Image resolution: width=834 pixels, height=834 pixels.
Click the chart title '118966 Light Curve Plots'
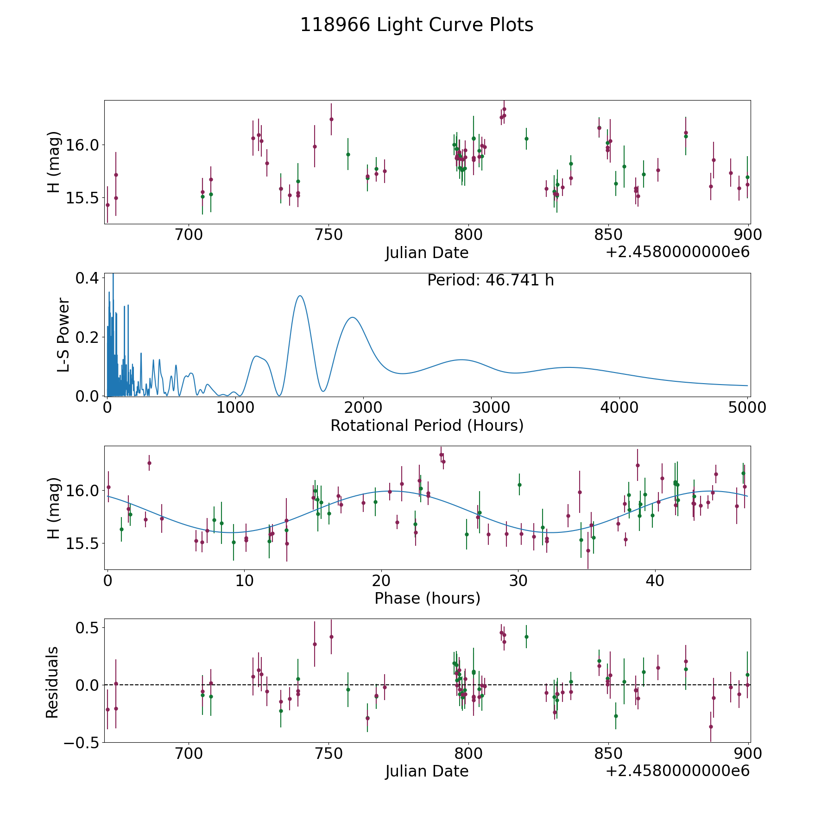coord(417,25)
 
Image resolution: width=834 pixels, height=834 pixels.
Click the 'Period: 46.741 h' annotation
coord(490,280)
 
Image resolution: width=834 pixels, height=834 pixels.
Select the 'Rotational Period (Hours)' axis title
coord(427,425)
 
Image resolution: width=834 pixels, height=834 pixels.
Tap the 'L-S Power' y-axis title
coord(63,335)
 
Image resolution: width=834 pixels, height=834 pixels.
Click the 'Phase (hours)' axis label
coord(427,598)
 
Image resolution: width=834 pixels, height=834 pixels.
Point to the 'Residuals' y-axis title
coord(52,682)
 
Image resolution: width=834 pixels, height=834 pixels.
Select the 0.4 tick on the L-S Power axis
coord(87,278)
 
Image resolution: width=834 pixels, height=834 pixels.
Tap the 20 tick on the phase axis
coord(381,581)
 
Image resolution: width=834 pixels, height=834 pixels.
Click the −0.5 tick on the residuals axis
coord(81,742)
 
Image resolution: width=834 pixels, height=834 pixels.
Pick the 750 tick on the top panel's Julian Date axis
coord(329,235)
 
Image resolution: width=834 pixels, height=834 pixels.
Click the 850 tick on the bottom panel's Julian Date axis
coord(608,753)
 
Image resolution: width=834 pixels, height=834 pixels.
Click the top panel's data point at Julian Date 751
coord(331,119)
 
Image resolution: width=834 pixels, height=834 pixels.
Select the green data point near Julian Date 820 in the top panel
coord(526,139)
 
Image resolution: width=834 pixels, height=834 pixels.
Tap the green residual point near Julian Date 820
coord(526,637)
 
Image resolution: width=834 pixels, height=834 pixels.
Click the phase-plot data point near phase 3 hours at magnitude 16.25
coord(149,463)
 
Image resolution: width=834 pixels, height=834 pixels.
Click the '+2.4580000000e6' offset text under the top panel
coord(677,253)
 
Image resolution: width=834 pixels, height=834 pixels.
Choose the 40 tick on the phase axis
coord(655,581)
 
